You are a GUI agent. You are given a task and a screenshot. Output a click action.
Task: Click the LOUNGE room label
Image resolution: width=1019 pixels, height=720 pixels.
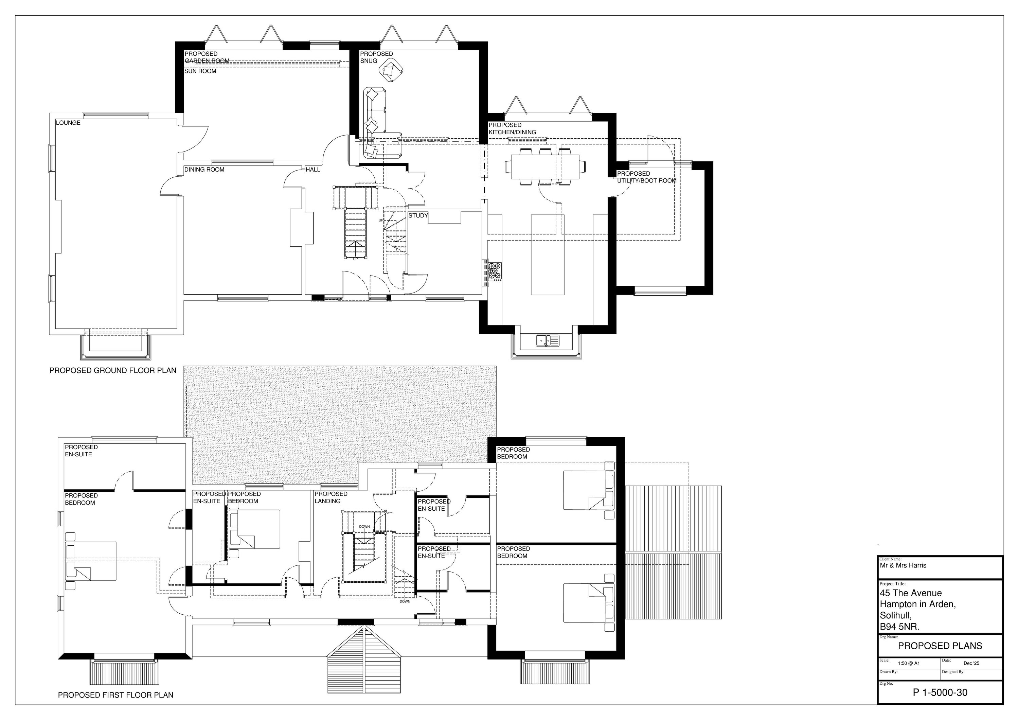(x=68, y=123)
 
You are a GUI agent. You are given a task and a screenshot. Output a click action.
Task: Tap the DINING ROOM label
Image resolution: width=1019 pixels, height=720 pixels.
(x=204, y=170)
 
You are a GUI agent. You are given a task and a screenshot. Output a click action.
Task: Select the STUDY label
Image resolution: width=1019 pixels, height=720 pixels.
(x=418, y=216)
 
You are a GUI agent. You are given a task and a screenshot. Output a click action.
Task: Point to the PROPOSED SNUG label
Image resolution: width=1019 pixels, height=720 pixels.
(x=376, y=57)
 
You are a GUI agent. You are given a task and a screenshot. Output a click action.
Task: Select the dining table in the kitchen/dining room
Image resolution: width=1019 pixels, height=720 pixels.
(x=546, y=167)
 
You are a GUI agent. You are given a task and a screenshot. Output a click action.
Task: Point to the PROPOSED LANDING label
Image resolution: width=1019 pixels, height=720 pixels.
(x=330, y=497)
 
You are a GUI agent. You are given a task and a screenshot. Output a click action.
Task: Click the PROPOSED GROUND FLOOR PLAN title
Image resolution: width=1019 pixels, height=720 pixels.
(x=113, y=370)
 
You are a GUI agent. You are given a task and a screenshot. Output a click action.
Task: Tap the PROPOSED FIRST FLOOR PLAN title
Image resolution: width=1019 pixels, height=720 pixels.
(x=116, y=695)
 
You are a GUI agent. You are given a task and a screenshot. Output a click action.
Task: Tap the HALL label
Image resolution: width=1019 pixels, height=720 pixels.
(x=313, y=170)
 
